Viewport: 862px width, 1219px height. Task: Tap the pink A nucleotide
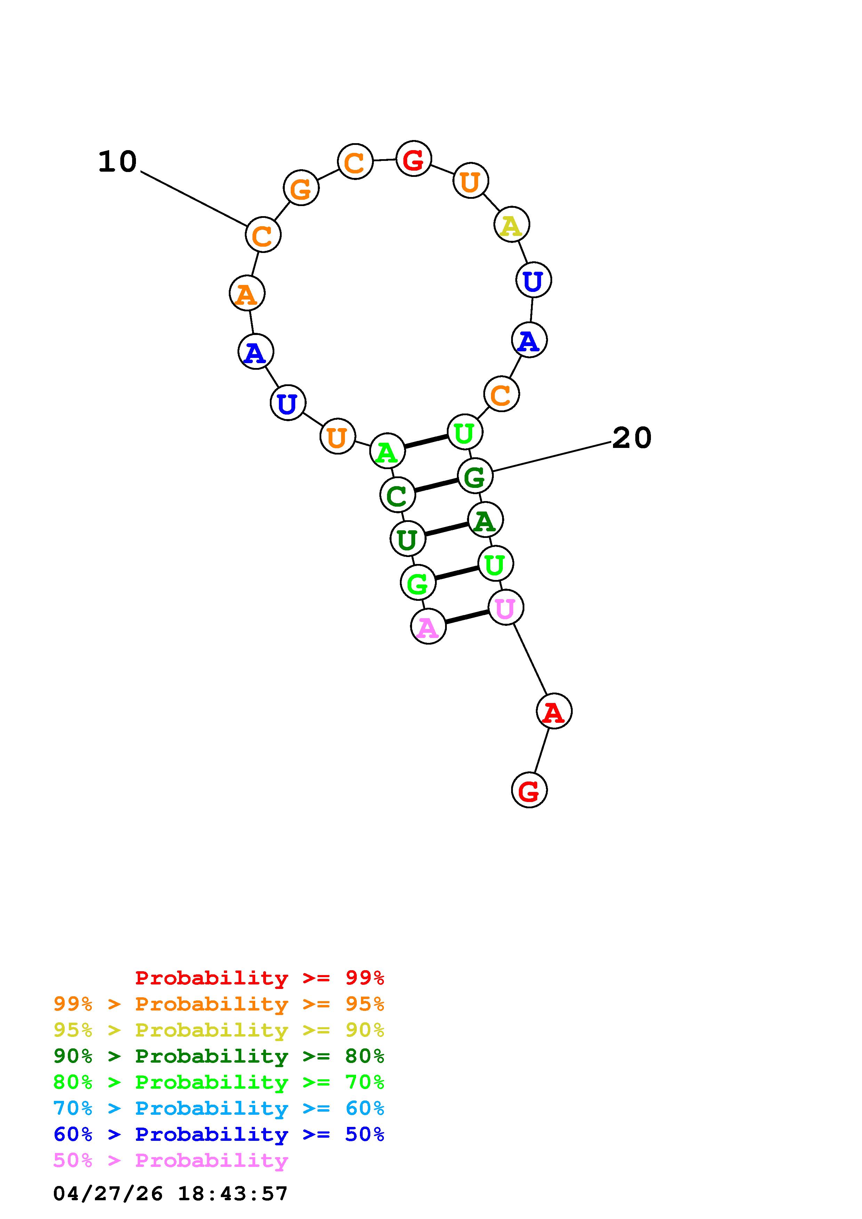click(428, 627)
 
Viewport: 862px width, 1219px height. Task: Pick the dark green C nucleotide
click(397, 496)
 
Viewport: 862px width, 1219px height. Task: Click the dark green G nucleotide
click(475, 476)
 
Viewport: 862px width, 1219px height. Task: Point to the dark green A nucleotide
click(485, 520)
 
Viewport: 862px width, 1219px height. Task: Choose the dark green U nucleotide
click(408, 539)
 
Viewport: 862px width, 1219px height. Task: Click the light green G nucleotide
click(418, 583)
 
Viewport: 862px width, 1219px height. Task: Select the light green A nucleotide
click(387, 451)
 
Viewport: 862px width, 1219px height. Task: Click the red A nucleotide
click(554, 711)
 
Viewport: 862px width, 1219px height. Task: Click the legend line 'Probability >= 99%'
click(259, 977)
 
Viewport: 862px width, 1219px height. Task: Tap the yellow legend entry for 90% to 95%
click(218, 1030)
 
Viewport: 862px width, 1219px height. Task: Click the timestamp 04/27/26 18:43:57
click(170, 1194)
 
